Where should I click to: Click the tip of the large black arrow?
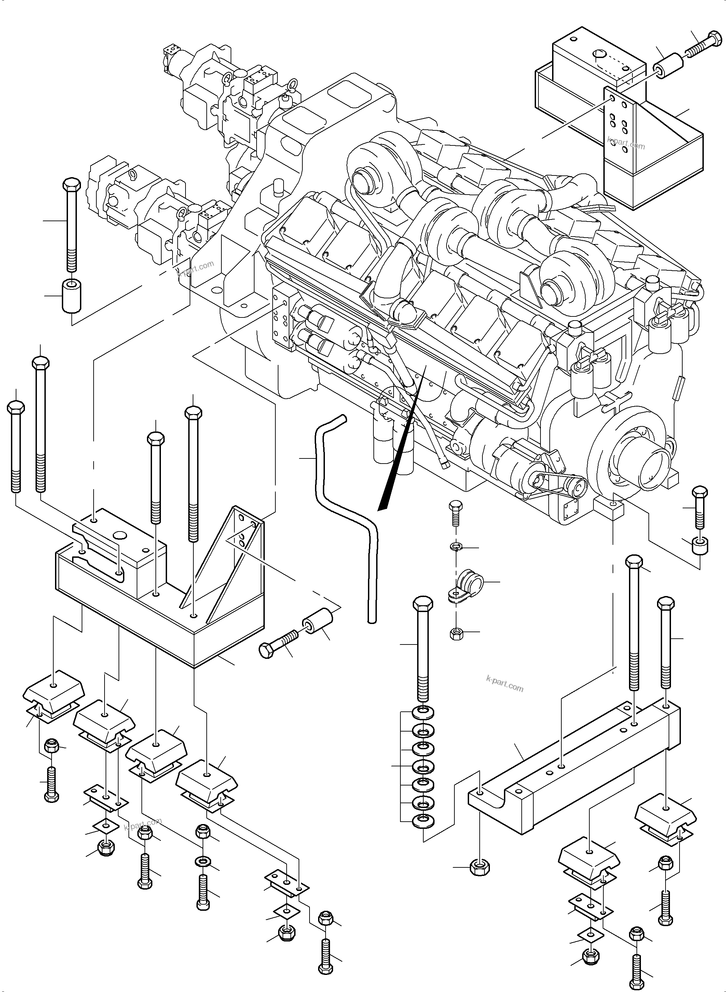380,509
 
